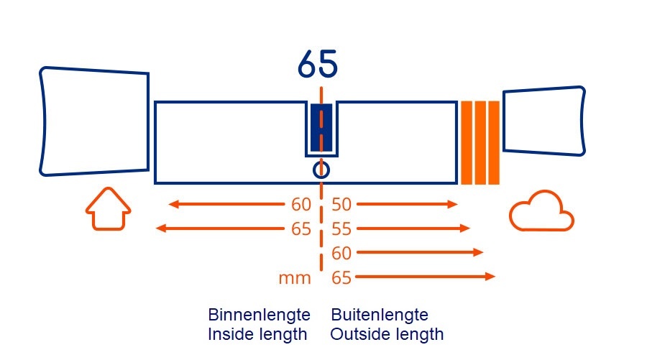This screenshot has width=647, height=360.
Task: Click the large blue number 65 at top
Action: tap(317, 66)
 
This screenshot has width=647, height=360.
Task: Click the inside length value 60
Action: tap(301, 205)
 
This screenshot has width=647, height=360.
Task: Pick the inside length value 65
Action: tap(301, 229)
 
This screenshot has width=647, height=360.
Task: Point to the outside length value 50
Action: tap(341, 205)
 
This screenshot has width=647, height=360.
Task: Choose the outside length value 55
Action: tap(341, 229)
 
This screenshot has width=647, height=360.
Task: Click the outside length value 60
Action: tap(341, 253)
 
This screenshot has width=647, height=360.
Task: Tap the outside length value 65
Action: tap(341, 277)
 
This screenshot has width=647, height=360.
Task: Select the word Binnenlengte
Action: tap(259, 315)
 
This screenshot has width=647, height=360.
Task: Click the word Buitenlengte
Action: tap(380, 315)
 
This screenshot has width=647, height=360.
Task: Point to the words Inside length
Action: tap(257, 334)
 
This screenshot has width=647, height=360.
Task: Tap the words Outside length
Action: tap(387, 334)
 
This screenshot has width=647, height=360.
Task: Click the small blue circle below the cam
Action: tap(321, 170)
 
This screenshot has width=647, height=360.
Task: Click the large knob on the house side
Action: tap(94, 121)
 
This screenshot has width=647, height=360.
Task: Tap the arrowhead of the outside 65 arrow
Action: tap(491, 277)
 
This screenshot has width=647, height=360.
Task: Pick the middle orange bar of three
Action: tap(480, 142)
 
